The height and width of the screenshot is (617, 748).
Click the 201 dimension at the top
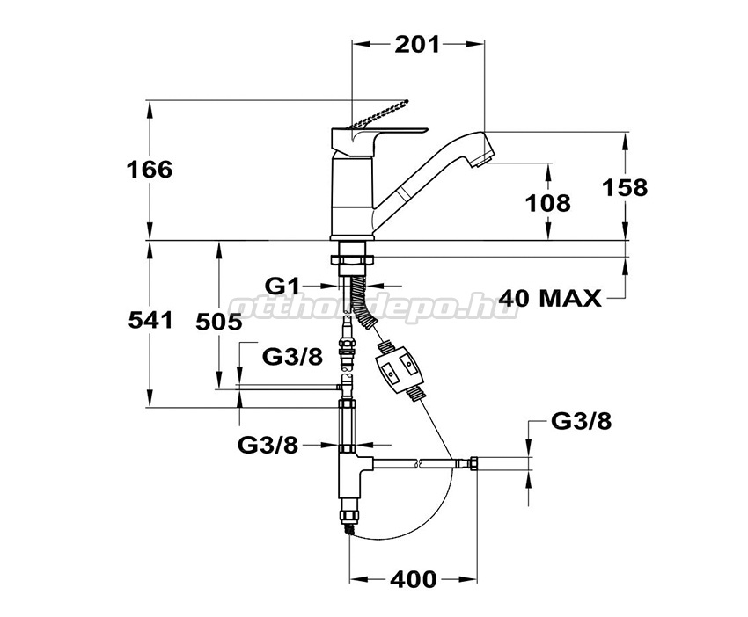coord(417,45)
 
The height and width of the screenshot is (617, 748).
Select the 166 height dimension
coord(149,170)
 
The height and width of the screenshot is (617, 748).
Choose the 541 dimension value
coord(149,321)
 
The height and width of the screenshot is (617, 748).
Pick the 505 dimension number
coord(217,322)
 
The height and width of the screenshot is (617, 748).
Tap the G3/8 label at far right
coord(582,420)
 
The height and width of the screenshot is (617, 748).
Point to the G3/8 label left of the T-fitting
coord(268,446)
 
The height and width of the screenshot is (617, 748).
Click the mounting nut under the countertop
coord(353,258)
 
